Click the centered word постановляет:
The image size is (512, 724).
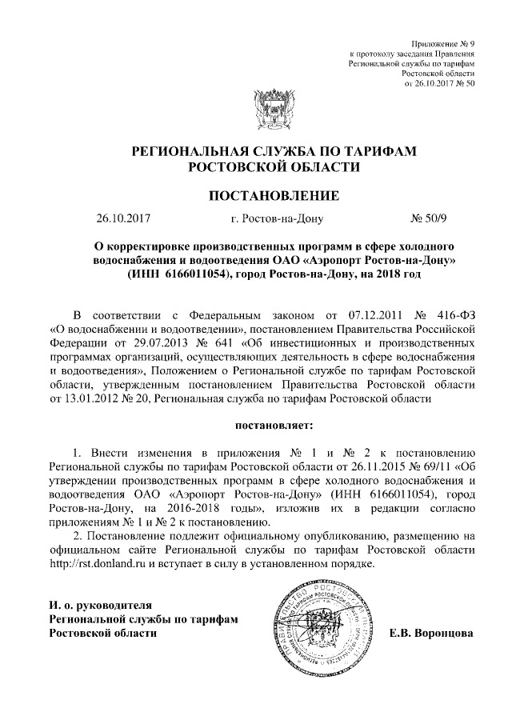pyautogui.click(x=274, y=418)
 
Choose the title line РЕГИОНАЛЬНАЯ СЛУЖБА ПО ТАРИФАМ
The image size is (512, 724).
pyautogui.click(x=274, y=151)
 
